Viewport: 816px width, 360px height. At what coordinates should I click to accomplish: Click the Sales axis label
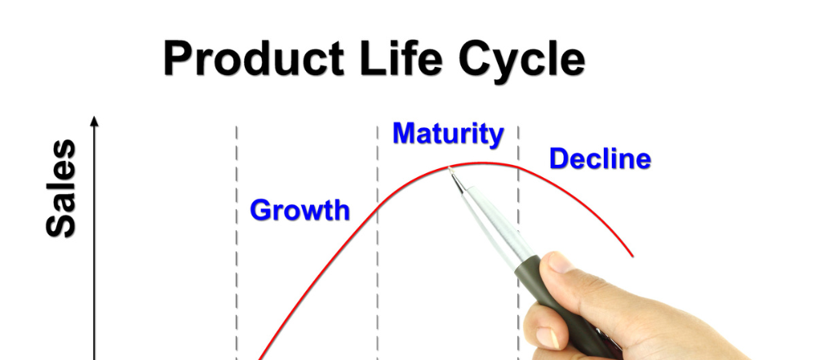tap(61, 189)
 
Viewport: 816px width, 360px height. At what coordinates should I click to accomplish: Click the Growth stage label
tap(299, 211)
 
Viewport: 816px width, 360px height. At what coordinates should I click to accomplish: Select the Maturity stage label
tap(447, 133)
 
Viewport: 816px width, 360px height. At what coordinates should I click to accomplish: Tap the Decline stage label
tap(600, 158)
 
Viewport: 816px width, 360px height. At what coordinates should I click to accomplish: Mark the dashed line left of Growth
tap(237, 269)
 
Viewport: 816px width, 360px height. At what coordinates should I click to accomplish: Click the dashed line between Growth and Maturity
tap(377, 269)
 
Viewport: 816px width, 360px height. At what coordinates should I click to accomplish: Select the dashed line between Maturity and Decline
tap(518, 204)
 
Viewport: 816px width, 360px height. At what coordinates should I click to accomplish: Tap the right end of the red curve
tap(632, 255)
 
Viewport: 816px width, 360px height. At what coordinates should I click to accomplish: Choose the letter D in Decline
tap(559, 158)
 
